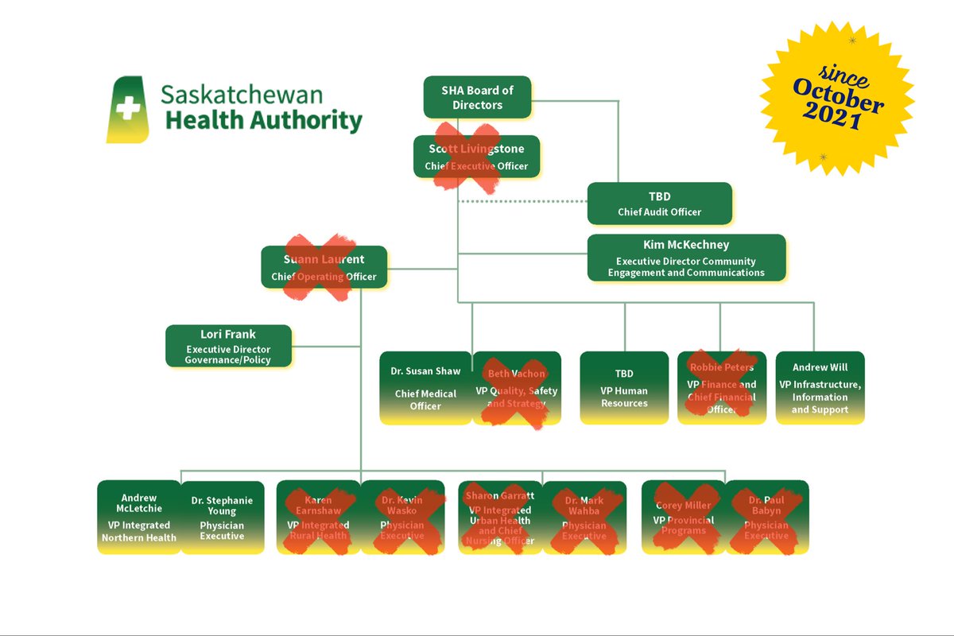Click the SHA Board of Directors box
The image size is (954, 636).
pyautogui.click(x=477, y=98)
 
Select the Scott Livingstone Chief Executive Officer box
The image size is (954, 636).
pyautogui.click(x=476, y=156)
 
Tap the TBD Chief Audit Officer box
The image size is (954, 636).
pyautogui.click(x=659, y=204)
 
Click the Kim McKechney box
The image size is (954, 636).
pyautogui.click(x=686, y=257)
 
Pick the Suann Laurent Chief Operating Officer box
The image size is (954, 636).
pyautogui.click(x=324, y=267)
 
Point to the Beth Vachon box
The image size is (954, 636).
pyautogui.click(x=516, y=388)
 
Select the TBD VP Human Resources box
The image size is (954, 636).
pyautogui.click(x=624, y=388)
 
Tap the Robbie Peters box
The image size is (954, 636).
pyautogui.click(x=722, y=388)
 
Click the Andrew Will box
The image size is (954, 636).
pyautogui.click(x=820, y=388)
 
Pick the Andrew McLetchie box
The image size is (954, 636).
pyautogui.click(x=139, y=517)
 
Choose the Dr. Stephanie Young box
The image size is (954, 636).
pyautogui.click(x=222, y=517)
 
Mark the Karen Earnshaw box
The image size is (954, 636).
pyautogui.click(x=318, y=517)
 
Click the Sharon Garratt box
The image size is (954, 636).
pyautogui.click(x=500, y=517)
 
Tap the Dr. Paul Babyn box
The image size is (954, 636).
pyautogui.click(x=766, y=517)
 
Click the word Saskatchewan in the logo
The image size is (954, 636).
pyautogui.click(x=242, y=94)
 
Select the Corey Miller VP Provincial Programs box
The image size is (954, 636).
pyautogui.click(x=683, y=517)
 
